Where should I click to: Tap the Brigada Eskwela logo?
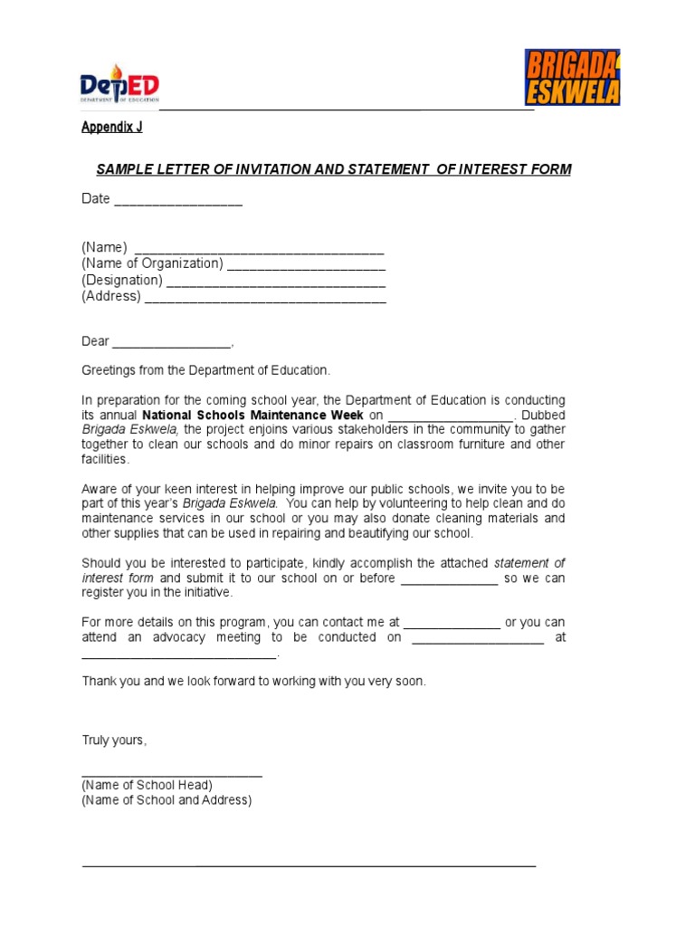coord(572,78)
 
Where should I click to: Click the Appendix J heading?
coord(112,128)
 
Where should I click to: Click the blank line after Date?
coord(178,201)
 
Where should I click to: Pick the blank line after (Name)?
coord(259,251)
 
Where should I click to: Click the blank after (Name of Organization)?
coord(306,266)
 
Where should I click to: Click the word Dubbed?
coord(544,415)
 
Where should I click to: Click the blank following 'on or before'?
coord(449,580)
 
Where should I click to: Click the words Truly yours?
coord(114,741)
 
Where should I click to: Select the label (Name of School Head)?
coord(148,785)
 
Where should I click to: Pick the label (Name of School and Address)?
coord(167,800)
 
